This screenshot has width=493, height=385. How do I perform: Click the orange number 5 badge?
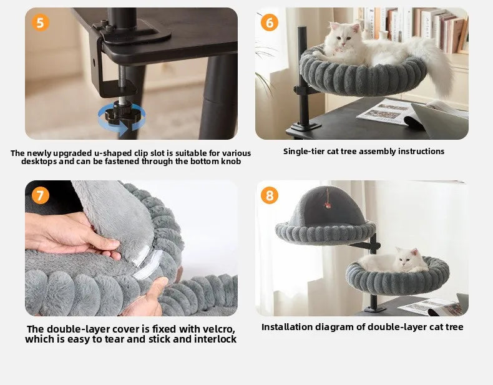(40, 23)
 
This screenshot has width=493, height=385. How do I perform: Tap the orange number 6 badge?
(270, 22)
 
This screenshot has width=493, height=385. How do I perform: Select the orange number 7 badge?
(40, 195)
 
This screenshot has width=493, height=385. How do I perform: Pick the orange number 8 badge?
(270, 195)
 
